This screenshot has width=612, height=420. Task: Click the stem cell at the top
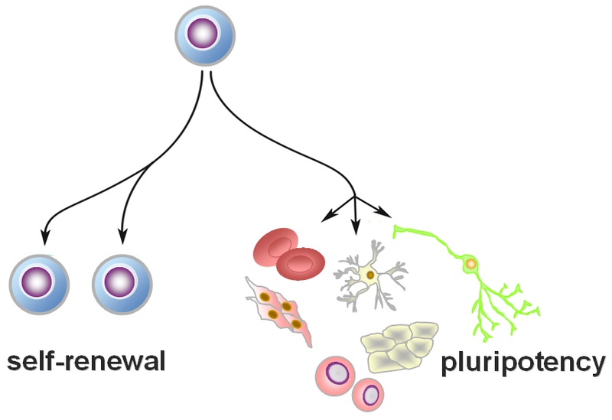pos(205,36)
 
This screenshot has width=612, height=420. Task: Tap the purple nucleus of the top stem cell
pos(205,35)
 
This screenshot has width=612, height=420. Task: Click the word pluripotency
pos(523,362)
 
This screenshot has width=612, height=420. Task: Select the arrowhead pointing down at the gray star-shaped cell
pos(354,228)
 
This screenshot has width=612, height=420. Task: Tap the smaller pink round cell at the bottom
pos(370,396)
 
